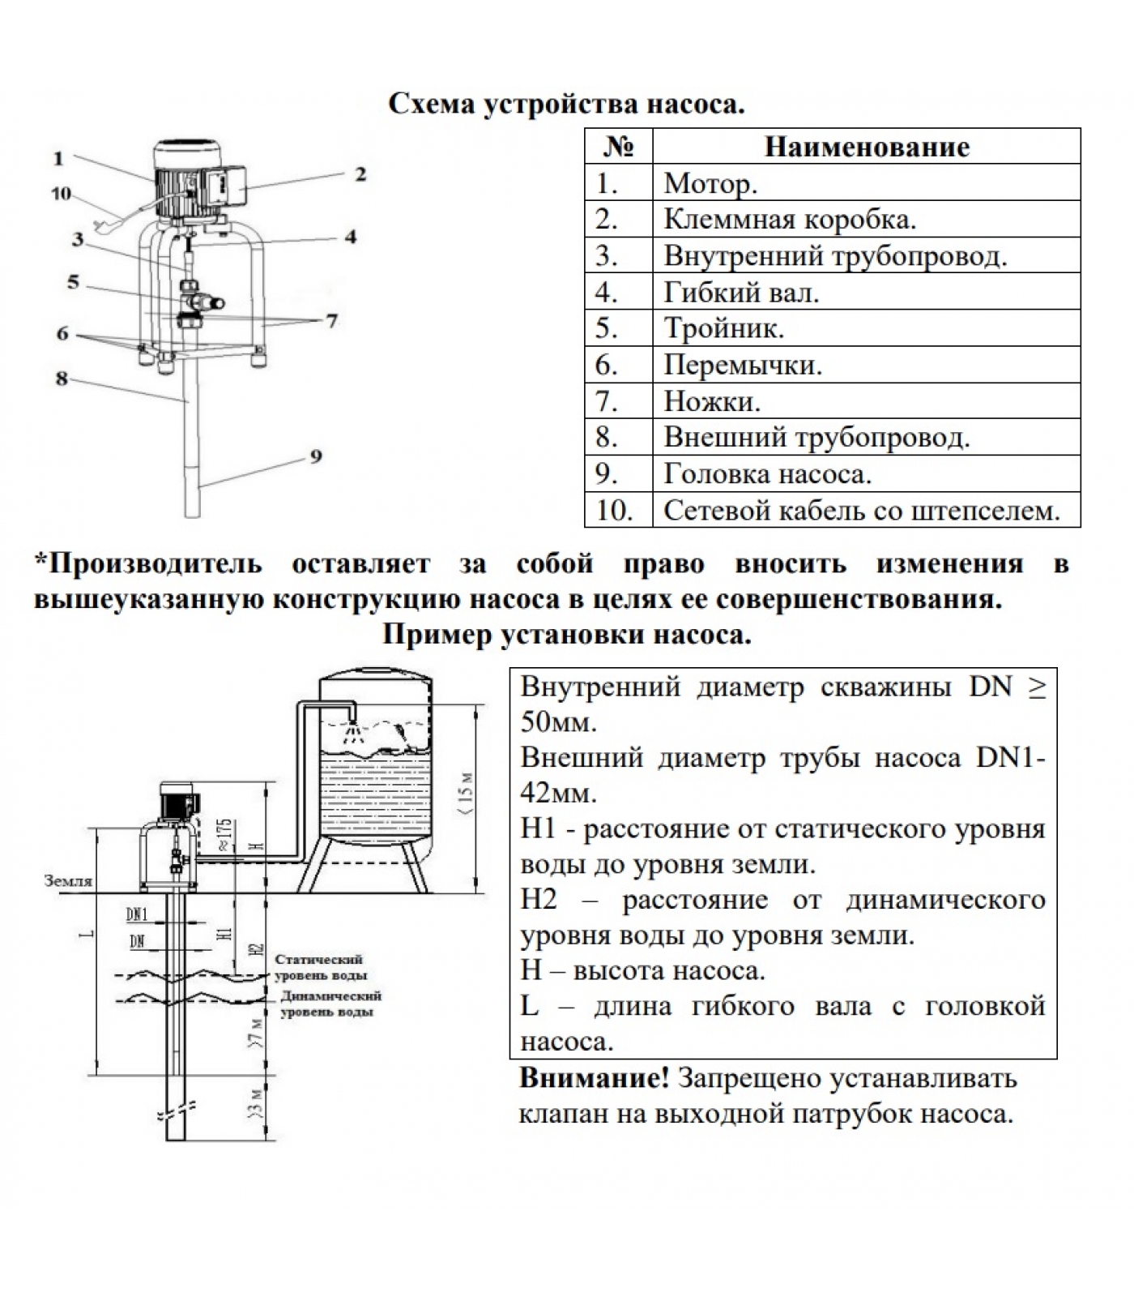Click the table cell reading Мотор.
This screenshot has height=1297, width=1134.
click(866, 182)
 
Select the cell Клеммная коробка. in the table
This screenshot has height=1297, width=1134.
click(866, 219)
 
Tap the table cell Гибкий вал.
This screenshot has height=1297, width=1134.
click(866, 291)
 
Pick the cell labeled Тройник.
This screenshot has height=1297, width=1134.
click(866, 327)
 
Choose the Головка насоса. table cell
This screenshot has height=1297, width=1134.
click(866, 473)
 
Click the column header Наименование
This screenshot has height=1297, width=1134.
click(866, 147)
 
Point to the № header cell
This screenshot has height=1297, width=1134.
click(618, 147)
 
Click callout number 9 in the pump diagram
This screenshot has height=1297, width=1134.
click(316, 456)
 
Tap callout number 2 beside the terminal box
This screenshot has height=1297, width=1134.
click(360, 173)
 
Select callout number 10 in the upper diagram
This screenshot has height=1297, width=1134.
click(61, 194)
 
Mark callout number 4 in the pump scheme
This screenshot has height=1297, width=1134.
click(350, 237)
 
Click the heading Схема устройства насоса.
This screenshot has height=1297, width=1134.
click(566, 105)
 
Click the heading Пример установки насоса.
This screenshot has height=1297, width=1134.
click(567, 634)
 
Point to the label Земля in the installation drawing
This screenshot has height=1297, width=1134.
click(68, 880)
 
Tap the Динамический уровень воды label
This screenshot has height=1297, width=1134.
click(330, 1004)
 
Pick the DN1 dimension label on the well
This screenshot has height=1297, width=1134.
click(137, 914)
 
